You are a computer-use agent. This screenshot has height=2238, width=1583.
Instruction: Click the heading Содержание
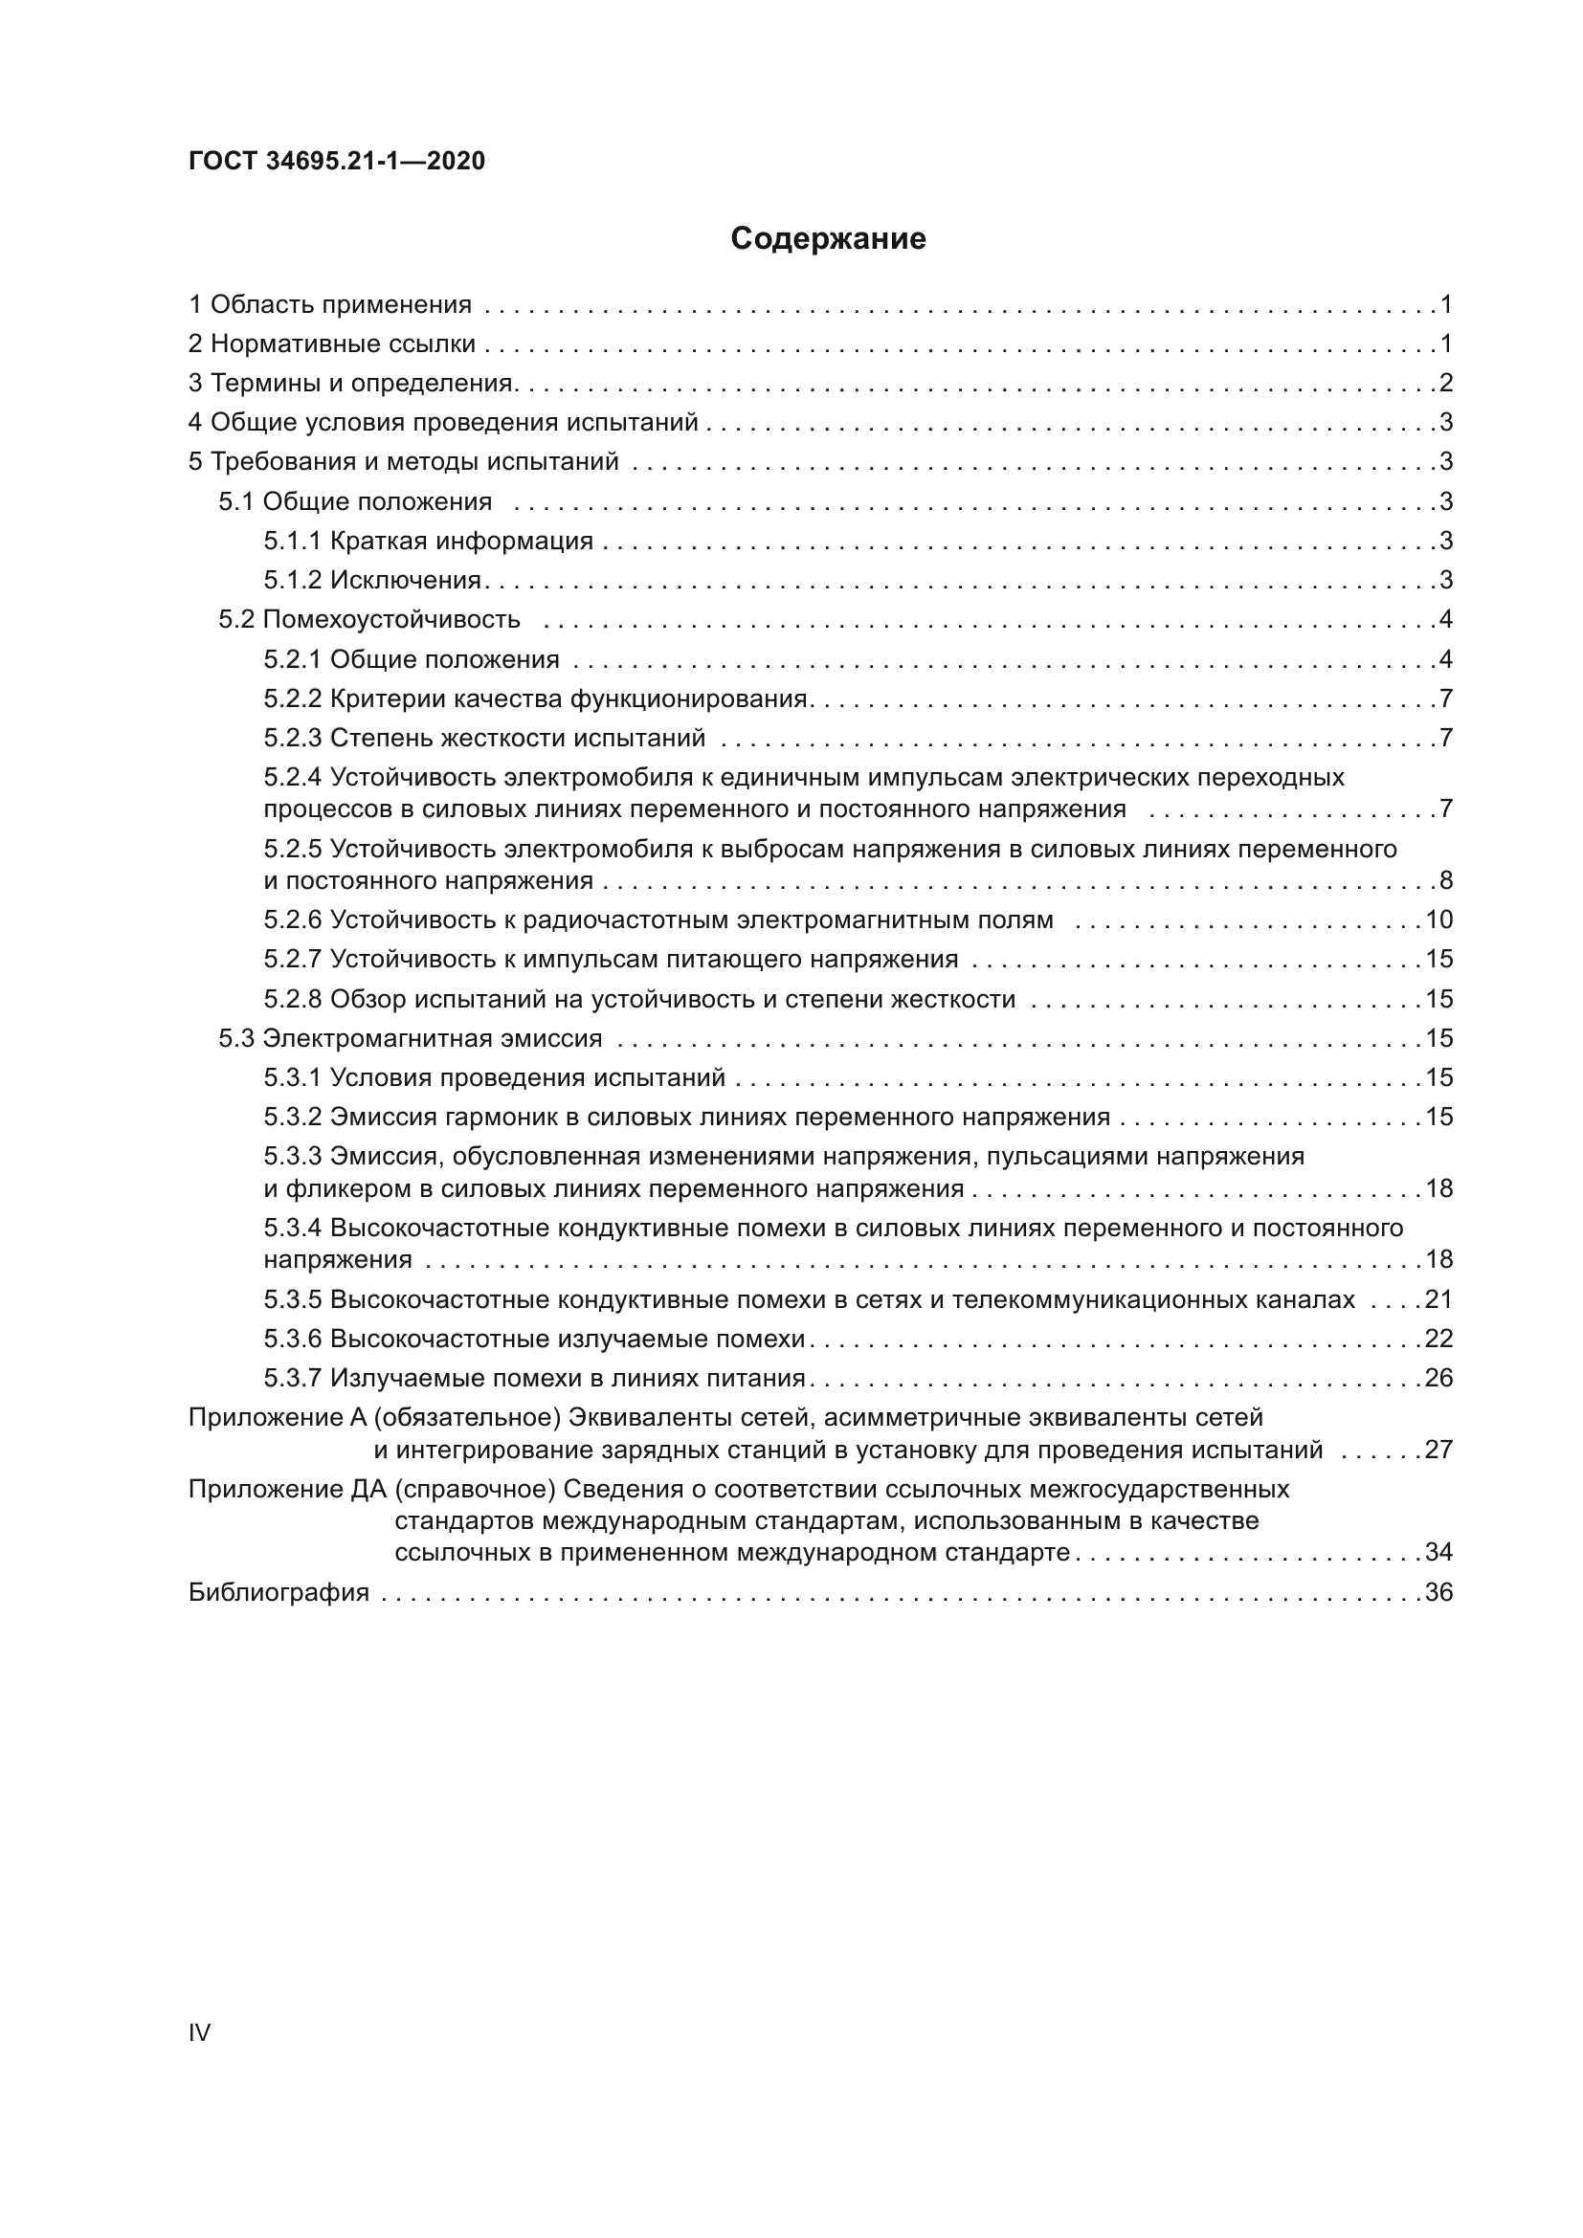[x=828, y=239]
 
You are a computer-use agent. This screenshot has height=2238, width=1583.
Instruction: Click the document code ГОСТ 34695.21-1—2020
[x=336, y=161]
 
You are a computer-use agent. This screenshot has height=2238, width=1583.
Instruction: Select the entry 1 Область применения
[x=329, y=305]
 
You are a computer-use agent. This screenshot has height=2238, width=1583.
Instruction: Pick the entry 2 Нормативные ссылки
[x=331, y=344]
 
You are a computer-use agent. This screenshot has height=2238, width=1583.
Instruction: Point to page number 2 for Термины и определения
[x=1445, y=383]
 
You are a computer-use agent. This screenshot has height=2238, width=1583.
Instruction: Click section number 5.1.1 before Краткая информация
[x=292, y=541]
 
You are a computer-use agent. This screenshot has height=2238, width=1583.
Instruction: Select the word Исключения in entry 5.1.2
[x=406, y=580]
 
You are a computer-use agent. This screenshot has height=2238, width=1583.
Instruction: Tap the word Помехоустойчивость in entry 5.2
[x=391, y=620]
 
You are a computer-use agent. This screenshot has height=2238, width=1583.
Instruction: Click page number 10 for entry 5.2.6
[x=1438, y=920]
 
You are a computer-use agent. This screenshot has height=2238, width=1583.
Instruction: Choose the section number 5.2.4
[x=292, y=778]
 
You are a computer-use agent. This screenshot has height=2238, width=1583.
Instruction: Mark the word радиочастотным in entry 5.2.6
[x=629, y=920]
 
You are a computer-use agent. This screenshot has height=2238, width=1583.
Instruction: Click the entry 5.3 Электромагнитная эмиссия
[x=410, y=1038]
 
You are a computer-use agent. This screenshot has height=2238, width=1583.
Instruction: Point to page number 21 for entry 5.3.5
[x=1438, y=1299]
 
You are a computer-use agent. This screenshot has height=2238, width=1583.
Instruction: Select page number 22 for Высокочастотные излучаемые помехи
[x=1438, y=1339]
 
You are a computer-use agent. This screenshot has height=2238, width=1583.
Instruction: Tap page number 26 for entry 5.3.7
[x=1438, y=1378]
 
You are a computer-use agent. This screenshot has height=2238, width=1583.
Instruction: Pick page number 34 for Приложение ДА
[x=1438, y=1552]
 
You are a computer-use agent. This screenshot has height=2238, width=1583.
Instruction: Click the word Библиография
[x=279, y=1593]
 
